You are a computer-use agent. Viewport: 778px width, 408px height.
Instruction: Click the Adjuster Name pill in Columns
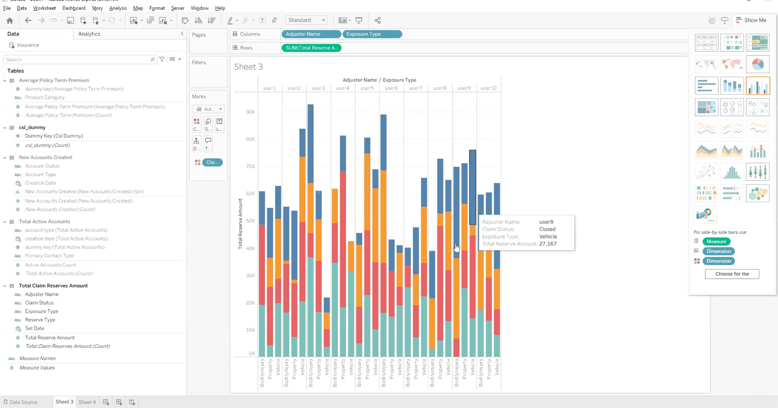coord(310,34)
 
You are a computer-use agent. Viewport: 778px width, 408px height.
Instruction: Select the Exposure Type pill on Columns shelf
coord(372,34)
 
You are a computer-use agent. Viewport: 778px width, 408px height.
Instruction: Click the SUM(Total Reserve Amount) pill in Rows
coord(311,48)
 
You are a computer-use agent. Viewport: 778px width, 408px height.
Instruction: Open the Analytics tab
coord(89,34)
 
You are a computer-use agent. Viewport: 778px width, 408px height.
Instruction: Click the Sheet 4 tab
coord(87,402)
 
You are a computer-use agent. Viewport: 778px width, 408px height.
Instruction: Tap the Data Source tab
coord(23,402)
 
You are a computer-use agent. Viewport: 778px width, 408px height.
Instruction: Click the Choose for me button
coord(732,274)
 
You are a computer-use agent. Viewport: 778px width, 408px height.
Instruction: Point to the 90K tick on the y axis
coord(250,112)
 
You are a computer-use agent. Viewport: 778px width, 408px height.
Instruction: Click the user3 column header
coord(318,88)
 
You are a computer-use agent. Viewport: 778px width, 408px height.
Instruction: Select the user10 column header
coord(488,88)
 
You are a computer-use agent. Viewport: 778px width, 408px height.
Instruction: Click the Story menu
coord(97,8)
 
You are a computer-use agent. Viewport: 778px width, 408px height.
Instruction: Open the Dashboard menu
coord(74,8)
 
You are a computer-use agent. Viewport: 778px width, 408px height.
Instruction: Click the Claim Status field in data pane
coord(39,303)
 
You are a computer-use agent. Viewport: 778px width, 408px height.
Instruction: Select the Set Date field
coord(35,328)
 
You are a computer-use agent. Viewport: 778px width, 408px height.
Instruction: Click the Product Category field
coord(45,97)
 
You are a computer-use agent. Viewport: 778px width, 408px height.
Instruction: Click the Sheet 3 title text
coord(248,67)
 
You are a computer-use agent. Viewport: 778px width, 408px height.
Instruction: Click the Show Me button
coord(751,20)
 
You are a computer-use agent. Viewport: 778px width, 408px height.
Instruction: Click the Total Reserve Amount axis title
coord(240,224)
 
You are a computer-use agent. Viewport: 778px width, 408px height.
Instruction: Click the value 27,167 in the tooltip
coord(548,244)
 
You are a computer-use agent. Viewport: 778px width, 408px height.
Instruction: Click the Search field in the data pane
coord(77,60)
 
